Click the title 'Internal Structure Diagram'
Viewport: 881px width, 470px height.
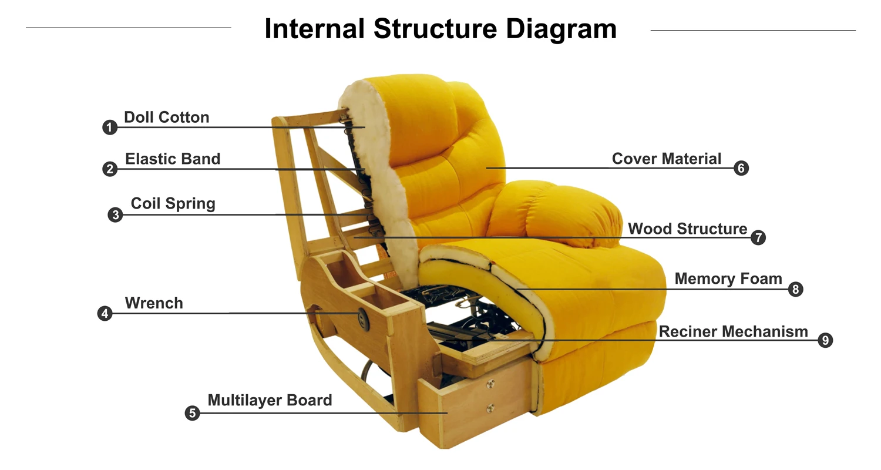point(441,29)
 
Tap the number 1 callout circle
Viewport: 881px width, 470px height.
point(110,127)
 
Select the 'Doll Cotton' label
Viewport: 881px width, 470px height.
point(166,117)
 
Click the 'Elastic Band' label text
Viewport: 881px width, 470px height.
point(173,159)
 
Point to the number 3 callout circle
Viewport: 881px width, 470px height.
point(115,215)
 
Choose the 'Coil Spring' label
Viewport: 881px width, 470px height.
point(173,203)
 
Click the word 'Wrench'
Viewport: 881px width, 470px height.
point(154,303)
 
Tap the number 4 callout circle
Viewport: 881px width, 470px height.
point(105,314)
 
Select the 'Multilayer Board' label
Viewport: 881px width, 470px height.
point(270,400)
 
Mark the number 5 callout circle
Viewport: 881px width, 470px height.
point(192,414)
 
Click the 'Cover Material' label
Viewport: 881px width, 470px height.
point(667,159)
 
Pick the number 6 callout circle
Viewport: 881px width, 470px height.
point(741,169)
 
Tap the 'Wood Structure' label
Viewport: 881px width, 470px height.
point(688,229)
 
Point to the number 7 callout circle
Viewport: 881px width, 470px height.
point(758,238)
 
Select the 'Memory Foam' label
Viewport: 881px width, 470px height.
point(728,278)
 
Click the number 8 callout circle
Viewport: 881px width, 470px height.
point(796,289)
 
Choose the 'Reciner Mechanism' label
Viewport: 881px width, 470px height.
point(733,331)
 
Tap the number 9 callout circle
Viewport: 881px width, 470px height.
point(825,340)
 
